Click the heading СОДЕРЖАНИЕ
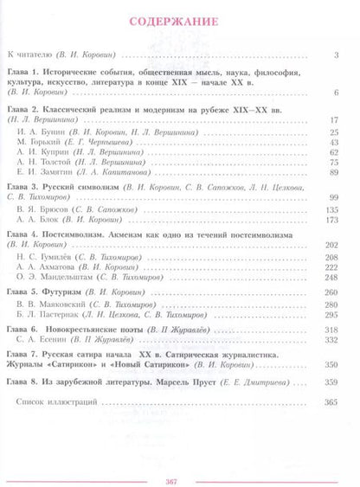point(179,22)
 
